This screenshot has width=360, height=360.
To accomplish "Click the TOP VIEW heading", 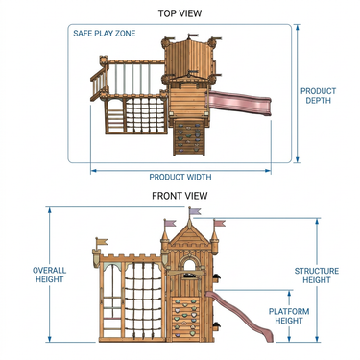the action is pos(180,13).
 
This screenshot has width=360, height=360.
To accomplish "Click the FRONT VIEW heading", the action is pos(180,196).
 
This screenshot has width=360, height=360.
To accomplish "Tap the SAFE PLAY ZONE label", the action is pos(105,34).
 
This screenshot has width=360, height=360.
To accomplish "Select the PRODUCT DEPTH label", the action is pos(318,96).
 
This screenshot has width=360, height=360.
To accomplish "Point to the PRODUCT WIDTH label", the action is pos(180,177).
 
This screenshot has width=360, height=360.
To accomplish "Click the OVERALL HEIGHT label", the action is pos(50,275).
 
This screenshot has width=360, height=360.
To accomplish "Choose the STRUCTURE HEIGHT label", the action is pos(317,276).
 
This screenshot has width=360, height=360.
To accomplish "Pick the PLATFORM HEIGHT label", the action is pos(289,316).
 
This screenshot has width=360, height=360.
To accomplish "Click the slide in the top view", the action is pos(240,102).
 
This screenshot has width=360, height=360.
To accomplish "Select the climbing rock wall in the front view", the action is pos(185,320).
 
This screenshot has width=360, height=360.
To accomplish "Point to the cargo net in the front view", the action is pos(143,300).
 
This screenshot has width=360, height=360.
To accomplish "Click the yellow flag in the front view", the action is pos(103,242).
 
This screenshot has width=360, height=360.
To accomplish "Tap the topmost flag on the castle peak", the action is pos(195,211).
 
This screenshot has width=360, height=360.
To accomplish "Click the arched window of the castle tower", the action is pos(189,265).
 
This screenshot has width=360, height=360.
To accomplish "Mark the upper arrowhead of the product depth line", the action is pos(298,27).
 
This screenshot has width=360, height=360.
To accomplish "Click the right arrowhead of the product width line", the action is pos(268,171).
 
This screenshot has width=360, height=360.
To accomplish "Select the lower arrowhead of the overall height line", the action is pos(50,339).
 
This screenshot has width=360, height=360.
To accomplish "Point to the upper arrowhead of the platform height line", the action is pos(289,293).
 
